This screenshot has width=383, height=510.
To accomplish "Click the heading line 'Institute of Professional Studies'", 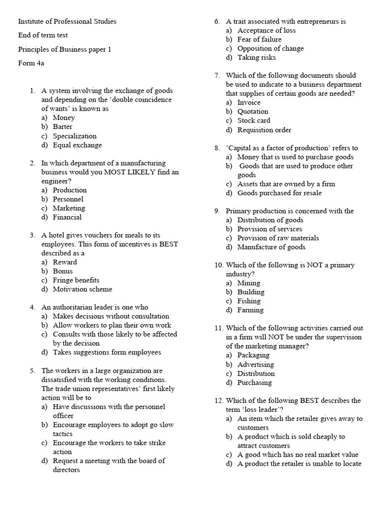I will (x=67, y=21).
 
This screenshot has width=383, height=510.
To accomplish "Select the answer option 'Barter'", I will (x=62, y=127).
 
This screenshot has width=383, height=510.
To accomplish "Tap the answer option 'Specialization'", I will (x=74, y=136).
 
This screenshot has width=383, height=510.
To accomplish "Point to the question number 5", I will (x=32, y=371).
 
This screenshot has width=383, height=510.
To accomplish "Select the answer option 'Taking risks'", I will (x=255, y=57).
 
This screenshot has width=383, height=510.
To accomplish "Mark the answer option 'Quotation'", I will (x=252, y=112).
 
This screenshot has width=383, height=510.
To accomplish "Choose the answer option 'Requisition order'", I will (x=264, y=130).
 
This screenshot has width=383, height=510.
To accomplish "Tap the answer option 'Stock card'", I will (x=253, y=121).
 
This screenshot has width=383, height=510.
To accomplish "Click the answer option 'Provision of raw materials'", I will (x=278, y=238).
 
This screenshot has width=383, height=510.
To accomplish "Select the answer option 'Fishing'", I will (x=249, y=301).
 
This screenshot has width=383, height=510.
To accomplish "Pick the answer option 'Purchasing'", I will (x=254, y=382).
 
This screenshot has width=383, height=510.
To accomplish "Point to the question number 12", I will (x=218, y=400).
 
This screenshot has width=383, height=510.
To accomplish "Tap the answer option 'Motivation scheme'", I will (x=82, y=289).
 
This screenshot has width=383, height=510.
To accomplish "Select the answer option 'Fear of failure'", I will (x=259, y=39).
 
